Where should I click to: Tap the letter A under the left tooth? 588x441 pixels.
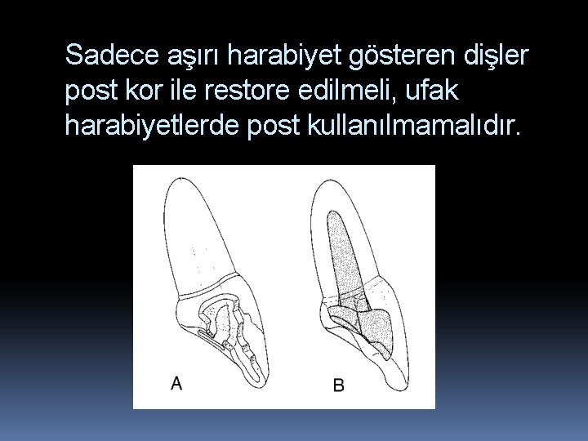coord(176,382)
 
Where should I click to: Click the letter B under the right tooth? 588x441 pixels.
coord(338,385)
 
